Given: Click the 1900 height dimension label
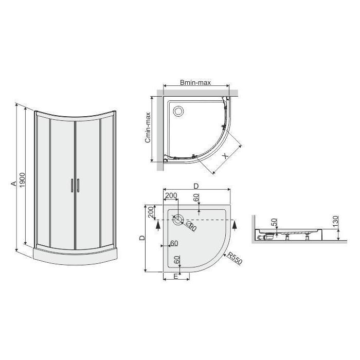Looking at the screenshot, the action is point(22,180).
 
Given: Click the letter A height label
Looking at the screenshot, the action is point(14,184).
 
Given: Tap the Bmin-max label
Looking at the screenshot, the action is point(195,82).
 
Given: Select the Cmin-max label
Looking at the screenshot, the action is point(148,127).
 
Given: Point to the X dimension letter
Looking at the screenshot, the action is point(225,156).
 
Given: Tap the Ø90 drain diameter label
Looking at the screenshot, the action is point(191,226).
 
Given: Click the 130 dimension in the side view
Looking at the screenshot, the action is point(336,222).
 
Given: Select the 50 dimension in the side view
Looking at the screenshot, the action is point(274,222).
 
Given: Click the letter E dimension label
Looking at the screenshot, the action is point(176,277).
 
